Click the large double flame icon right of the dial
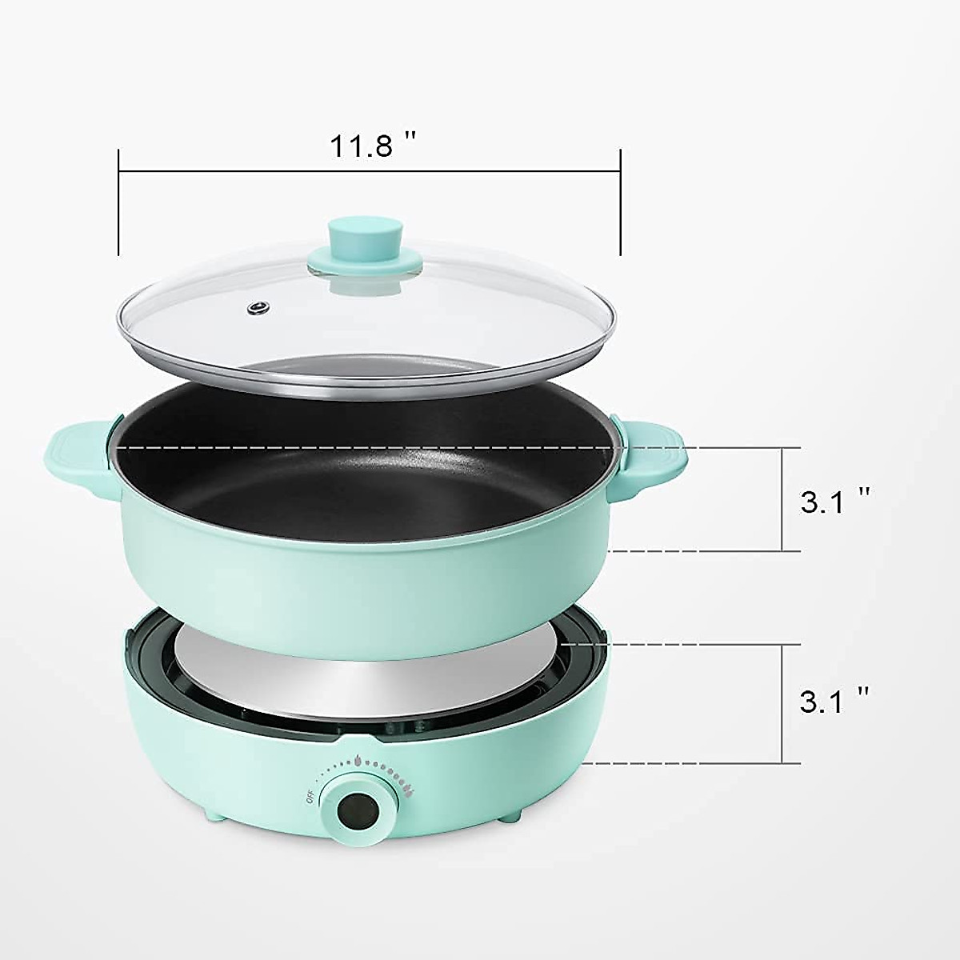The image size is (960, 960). tap(409, 792)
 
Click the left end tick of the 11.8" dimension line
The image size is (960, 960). tap(118, 200)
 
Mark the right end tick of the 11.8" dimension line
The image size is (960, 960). tap(620, 200)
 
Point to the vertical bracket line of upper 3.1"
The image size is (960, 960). tap(781, 499)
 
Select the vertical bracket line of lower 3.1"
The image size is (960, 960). tap(781, 702)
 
